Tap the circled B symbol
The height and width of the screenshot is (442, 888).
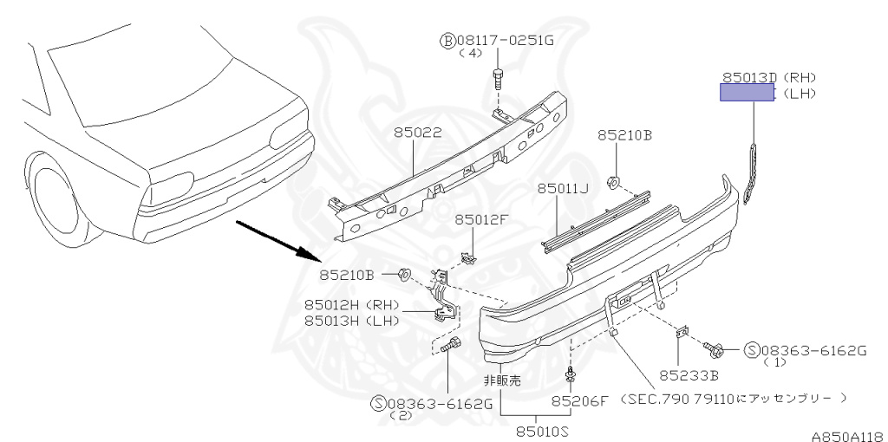pyautogui.click(x=447, y=40)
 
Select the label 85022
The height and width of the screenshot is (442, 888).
pyautogui.click(x=417, y=133)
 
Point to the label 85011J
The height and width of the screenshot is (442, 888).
pyautogui.click(x=562, y=188)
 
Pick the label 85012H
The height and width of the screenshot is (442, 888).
pyautogui.click(x=333, y=305)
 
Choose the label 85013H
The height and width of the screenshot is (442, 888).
pyautogui.click(x=333, y=321)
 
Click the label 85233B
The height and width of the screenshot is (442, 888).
pyautogui.click(x=688, y=375)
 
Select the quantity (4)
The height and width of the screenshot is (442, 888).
pyautogui.click(x=469, y=53)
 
